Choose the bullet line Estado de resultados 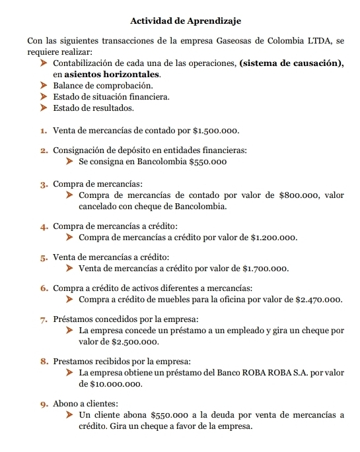click(x=93, y=108)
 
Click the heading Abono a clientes click(x=86, y=404)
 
